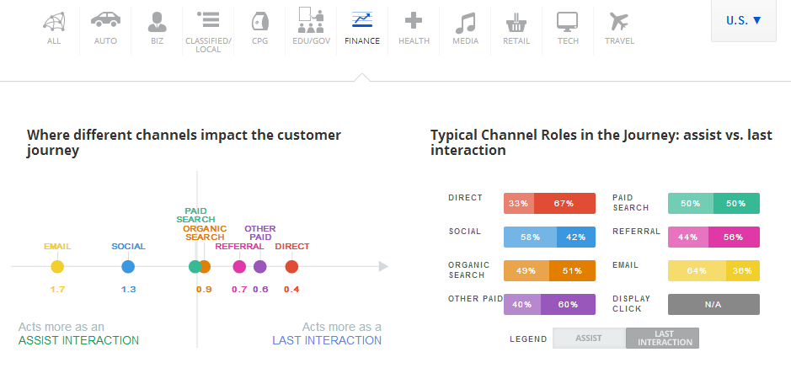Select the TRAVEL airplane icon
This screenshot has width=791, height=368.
619,21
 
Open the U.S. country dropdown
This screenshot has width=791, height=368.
744,20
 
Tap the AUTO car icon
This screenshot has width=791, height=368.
105,20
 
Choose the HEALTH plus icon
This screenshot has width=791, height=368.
414,21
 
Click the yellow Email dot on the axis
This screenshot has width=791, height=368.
57,267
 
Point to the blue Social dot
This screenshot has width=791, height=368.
128,267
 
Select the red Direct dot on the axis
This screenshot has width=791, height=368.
291,267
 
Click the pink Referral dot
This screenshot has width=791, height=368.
239,267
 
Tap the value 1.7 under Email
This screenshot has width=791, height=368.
57,290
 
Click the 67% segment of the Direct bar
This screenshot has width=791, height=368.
564,204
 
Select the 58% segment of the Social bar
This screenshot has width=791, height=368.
530,237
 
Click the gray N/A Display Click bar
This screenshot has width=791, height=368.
714,304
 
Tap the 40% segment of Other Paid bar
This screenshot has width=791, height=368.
522,304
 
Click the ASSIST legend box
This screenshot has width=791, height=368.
589,338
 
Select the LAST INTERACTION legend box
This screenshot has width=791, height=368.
662,338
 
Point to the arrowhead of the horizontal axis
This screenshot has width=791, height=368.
384,267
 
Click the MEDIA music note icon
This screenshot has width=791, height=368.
465,21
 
